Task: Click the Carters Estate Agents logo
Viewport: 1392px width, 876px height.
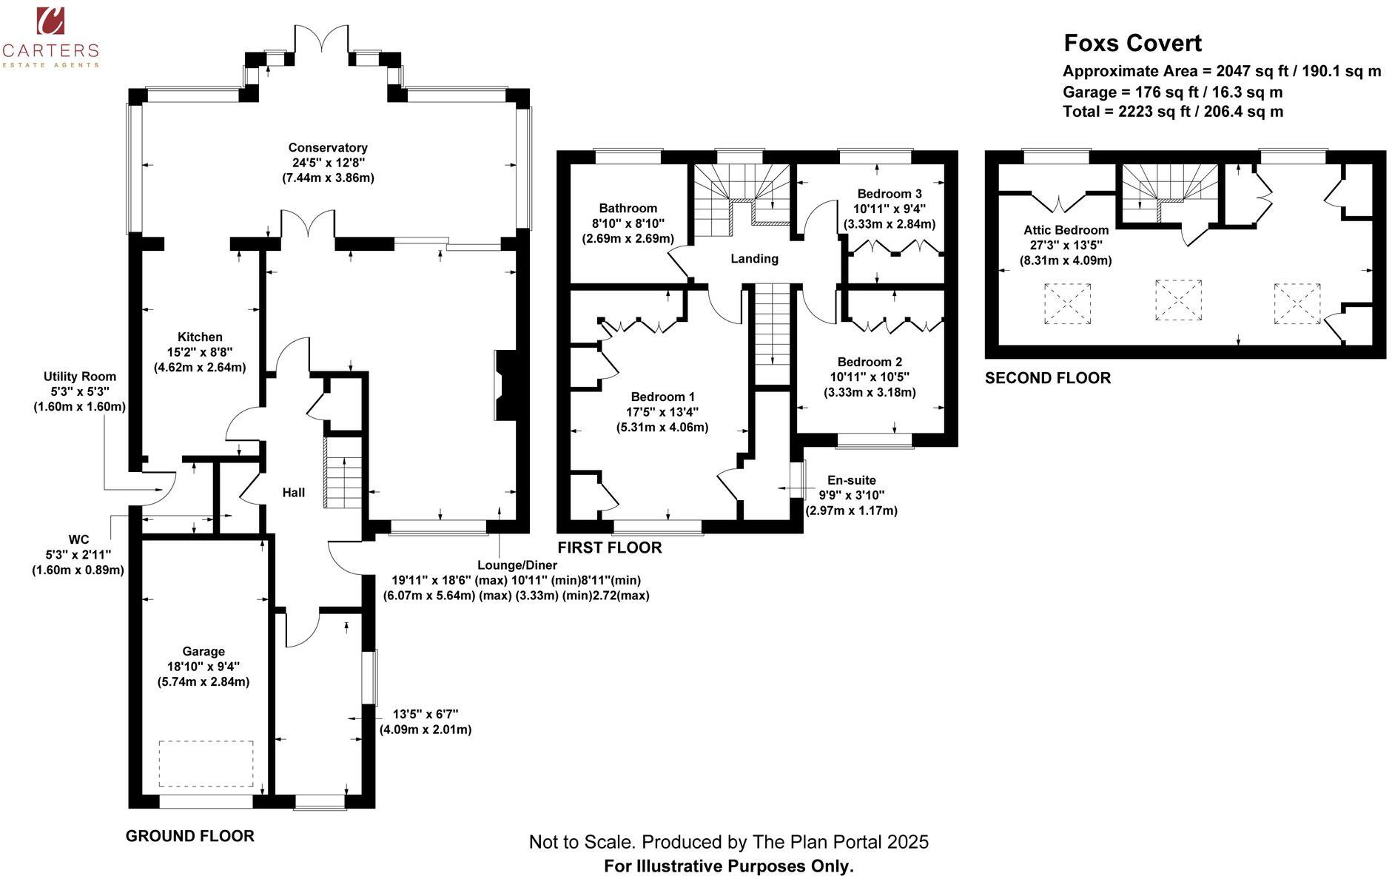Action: [x=50, y=36]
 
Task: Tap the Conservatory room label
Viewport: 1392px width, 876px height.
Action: [x=328, y=148]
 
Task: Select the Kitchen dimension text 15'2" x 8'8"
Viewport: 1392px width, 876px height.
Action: [x=200, y=352]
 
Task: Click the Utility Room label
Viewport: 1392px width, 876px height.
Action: [x=79, y=377]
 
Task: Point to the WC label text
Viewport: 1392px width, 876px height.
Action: [x=78, y=539]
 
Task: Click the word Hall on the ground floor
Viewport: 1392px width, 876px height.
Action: [x=294, y=493]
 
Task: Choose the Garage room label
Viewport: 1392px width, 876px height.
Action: [x=204, y=651]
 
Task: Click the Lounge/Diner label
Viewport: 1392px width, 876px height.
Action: [x=517, y=565]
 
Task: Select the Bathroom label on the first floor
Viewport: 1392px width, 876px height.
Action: [x=628, y=209]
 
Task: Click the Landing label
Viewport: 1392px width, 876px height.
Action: [x=754, y=258]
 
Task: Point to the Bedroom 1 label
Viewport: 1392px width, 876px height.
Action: [x=662, y=397]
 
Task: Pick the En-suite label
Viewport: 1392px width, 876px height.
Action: [x=851, y=480]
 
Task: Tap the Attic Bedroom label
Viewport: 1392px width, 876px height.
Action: [x=1066, y=230]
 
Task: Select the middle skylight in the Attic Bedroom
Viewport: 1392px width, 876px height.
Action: [x=1178, y=300]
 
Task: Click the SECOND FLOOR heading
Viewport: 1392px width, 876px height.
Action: [x=1047, y=378]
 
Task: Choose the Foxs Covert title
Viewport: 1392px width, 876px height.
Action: [x=1132, y=43]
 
